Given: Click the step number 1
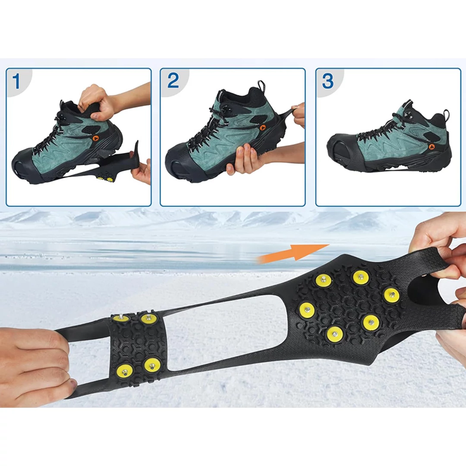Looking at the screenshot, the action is click(16, 81).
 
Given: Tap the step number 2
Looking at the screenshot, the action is click(173, 80).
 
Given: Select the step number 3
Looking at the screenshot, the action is click(328, 81).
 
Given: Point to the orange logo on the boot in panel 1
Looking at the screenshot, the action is click(95, 138).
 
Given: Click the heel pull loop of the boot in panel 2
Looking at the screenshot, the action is click(261, 85).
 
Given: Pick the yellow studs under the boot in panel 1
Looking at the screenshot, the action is click(105, 179).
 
